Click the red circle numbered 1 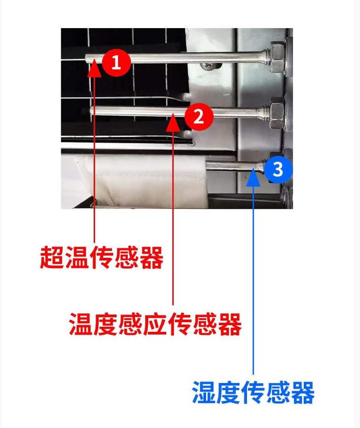116,62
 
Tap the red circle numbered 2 199,117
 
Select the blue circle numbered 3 278,169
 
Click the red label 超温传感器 102,257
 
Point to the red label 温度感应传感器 155,324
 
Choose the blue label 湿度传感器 253,393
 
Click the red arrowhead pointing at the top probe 95,68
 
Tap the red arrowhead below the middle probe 173,122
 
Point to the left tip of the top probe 86,58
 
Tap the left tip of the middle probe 92,111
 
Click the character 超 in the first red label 52,257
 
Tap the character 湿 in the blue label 204,393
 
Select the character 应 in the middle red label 155,324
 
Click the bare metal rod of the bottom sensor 233,166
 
